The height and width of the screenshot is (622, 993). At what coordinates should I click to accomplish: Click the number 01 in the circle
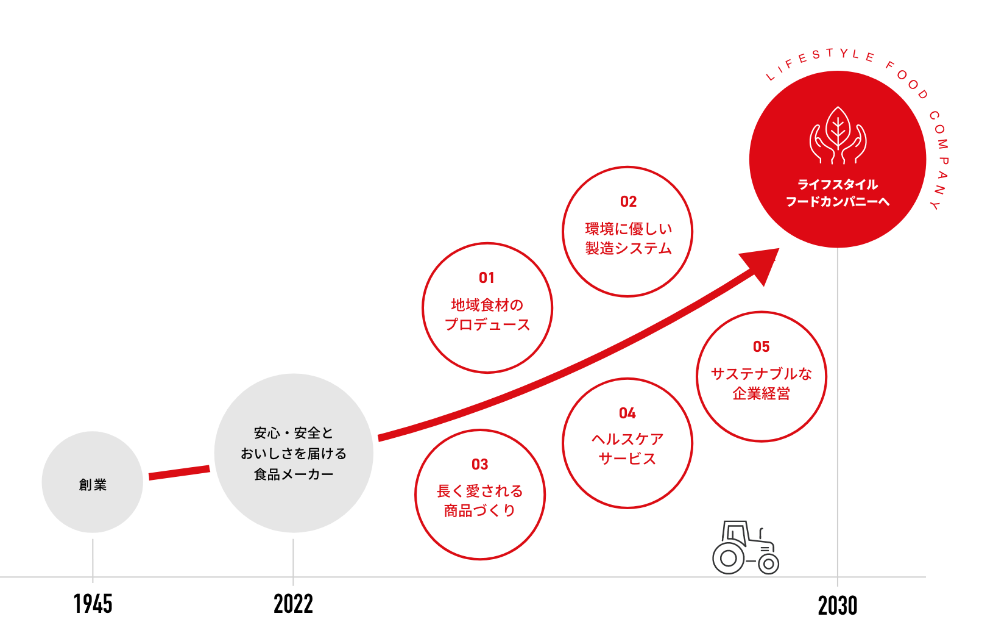(487, 278)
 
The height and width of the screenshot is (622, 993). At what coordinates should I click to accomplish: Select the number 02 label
(628, 202)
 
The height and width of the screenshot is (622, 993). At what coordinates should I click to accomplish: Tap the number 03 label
(480, 465)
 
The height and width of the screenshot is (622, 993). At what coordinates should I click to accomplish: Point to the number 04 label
(627, 413)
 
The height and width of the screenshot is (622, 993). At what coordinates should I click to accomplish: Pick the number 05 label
(762, 347)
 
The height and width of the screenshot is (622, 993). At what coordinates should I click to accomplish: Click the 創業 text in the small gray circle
(93, 485)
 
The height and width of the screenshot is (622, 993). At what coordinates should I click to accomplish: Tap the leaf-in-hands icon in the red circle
(838, 137)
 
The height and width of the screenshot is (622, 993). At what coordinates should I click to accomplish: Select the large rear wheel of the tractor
(728, 558)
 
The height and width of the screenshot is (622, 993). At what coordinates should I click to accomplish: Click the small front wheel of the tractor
(768, 564)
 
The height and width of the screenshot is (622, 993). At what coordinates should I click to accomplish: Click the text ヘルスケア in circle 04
(627, 439)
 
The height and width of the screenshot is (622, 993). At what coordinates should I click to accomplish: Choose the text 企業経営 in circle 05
(762, 394)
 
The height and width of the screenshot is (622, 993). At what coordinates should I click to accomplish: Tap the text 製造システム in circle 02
(628, 249)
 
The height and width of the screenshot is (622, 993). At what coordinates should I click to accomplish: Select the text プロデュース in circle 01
(487, 325)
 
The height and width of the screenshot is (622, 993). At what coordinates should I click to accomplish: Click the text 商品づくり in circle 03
(480, 511)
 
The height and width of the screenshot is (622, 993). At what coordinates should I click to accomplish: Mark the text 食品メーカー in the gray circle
(294, 474)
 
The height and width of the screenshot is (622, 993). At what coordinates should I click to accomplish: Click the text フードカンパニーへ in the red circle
(838, 202)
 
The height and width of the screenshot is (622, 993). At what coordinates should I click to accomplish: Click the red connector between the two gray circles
(179, 472)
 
